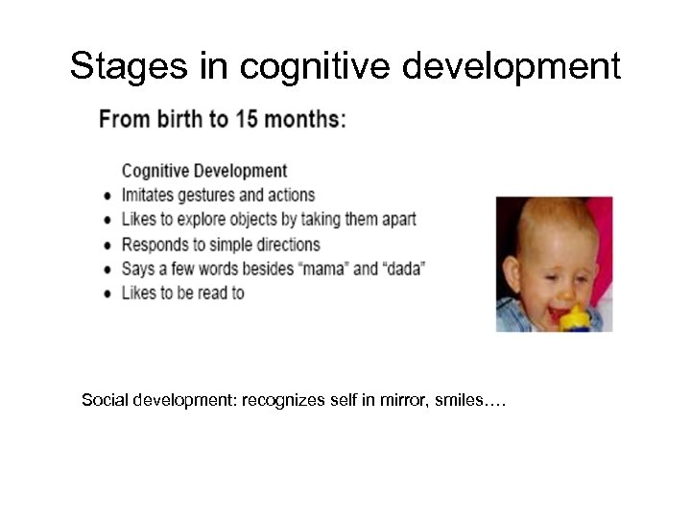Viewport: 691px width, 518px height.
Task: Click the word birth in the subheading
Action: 189,120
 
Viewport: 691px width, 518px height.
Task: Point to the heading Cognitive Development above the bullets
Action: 203,171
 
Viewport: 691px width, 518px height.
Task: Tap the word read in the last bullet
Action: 210,293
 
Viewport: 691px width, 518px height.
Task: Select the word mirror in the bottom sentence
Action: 386,399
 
